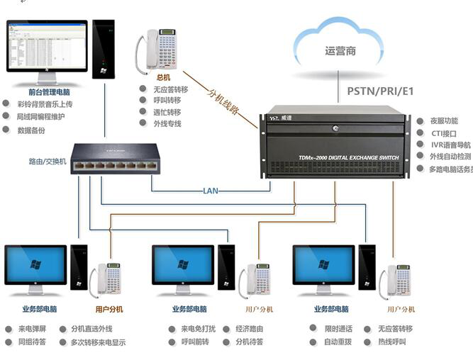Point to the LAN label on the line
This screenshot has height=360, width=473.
(x=210, y=191)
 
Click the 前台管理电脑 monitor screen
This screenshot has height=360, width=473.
(x=47, y=46)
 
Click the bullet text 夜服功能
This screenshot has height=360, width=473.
(x=445, y=121)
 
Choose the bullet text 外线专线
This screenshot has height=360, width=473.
(x=167, y=123)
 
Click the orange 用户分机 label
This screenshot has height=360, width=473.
(x=109, y=309)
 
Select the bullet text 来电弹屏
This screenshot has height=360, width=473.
(x=33, y=329)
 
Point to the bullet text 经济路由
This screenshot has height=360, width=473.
(x=249, y=329)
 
